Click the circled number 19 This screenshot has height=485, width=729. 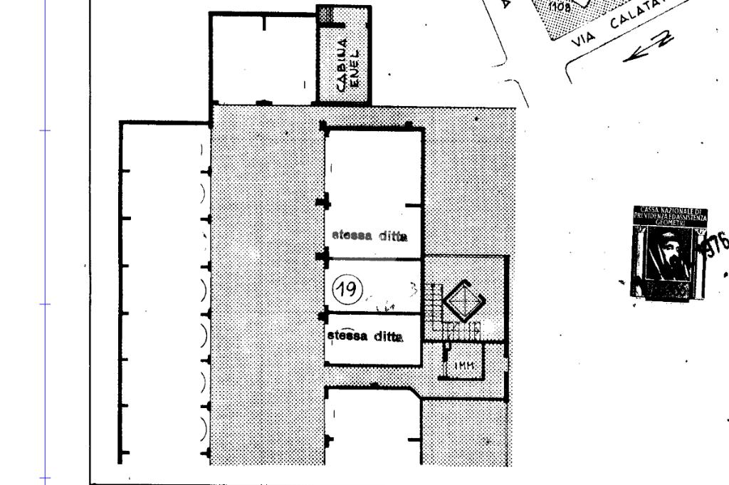click(348, 289)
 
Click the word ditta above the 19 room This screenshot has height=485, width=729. click(392, 236)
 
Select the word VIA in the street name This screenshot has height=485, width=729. click(582, 41)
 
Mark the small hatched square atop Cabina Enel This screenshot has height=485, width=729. click(326, 14)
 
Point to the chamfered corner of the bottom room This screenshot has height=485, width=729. click(414, 392)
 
